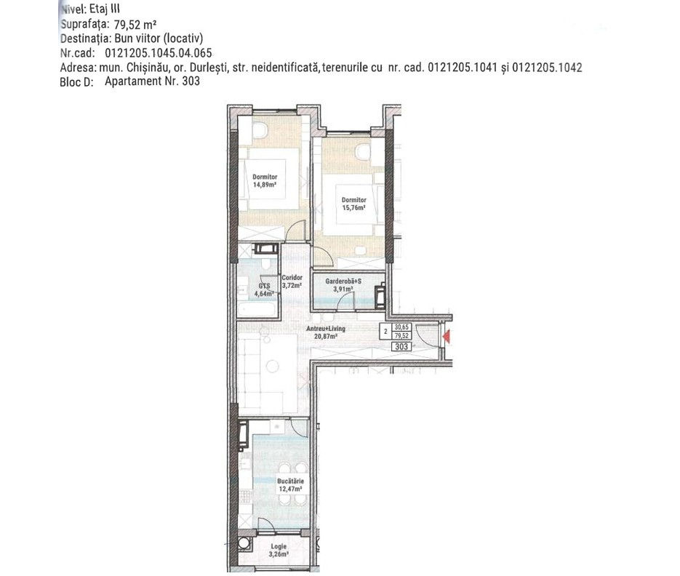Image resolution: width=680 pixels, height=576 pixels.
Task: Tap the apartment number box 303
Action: [x=401, y=347]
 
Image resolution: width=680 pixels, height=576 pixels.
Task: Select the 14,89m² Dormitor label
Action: [x=265, y=180]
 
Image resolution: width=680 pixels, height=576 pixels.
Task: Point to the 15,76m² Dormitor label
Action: [x=354, y=204]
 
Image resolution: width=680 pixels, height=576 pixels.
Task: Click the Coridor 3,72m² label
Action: [x=292, y=281]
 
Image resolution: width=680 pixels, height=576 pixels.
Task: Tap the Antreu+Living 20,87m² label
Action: [x=326, y=332]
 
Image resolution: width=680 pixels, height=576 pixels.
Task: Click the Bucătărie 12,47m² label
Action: [x=291, y=485]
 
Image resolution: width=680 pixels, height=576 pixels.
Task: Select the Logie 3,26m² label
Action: [x=279, y=551]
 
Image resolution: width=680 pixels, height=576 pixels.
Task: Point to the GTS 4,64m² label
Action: [x=265, y=289]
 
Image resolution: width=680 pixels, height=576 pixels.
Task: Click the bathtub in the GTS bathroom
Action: [x=257, y=309]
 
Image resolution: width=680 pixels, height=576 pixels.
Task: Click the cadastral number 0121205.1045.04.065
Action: [x=159, y=53]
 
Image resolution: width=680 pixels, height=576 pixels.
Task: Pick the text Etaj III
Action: [x=105, y=9]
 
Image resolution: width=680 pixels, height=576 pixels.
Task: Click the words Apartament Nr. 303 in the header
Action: [x=152, y=81]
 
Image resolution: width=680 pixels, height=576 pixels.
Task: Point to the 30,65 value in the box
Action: [x=401, y=327]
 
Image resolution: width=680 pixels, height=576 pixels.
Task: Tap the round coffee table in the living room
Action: [x=272, y=367]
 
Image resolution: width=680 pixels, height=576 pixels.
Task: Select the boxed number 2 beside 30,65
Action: [x=385, y=332]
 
